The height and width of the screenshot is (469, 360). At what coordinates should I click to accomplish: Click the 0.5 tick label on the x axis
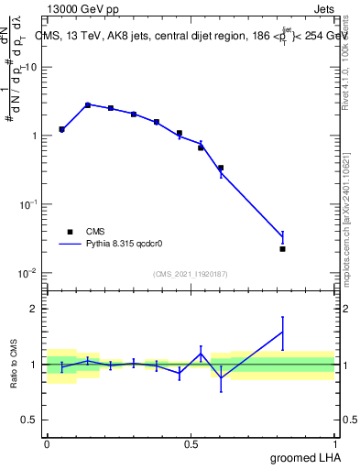[x=191, y=443]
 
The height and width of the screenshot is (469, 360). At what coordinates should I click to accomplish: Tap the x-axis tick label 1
[x=335, y=443]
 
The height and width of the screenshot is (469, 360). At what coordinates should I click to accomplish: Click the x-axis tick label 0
[x=47, y=443]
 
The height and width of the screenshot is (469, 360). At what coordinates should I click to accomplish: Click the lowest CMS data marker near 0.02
[x=283, y=249]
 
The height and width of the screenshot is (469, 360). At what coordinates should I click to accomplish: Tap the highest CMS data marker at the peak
[x=88, y=105]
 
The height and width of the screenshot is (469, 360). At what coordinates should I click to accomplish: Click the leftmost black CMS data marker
[x=61, y=129]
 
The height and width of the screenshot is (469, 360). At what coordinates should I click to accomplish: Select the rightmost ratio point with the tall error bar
[x=283, y=332]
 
